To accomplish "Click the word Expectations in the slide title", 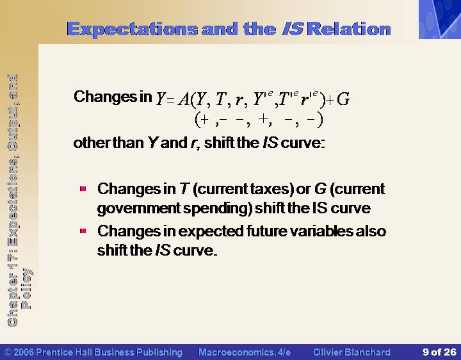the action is coord(133,29).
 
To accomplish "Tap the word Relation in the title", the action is coord(350,29).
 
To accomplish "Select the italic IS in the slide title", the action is coord(293,29).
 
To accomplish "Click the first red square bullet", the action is coord(83,188).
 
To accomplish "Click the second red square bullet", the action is coord(83,231).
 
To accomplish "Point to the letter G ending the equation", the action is coord(343,99).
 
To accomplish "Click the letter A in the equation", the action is coord(184,99).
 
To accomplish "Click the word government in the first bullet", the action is coord(138,209).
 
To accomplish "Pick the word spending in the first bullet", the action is coord(216,209).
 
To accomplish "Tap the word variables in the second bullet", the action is coord(321,231).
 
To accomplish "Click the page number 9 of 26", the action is coord(439,352).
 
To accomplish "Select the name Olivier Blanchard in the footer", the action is coord(352,352).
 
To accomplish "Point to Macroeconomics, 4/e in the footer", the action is coord(245,352).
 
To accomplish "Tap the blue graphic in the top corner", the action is coord(439,19).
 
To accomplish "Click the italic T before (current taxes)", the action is coord(184,189).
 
